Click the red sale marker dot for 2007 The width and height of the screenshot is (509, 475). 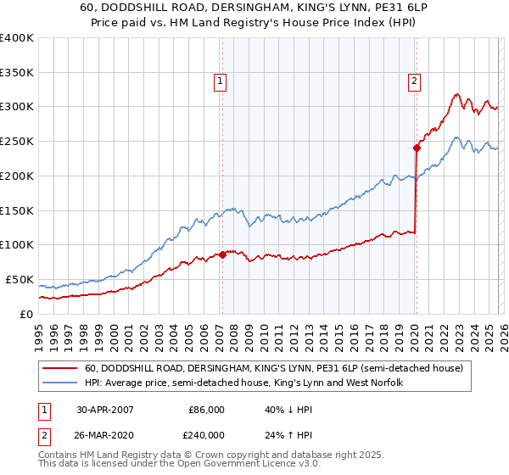[x=222, y=254]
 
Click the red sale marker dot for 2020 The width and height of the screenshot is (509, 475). [x=417, y=148]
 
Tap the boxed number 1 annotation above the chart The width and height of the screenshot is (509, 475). [x=220, y=81]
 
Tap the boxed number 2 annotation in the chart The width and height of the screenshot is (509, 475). [x=414, y=81]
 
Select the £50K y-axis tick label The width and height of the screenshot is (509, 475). [x=20, y=279]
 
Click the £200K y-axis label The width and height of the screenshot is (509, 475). [x=17, y=176]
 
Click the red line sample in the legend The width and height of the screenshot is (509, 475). [x=60, y=369]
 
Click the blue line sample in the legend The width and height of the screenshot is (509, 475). [x=60, y=383]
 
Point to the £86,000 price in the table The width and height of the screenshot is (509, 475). [x=206, y=409]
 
